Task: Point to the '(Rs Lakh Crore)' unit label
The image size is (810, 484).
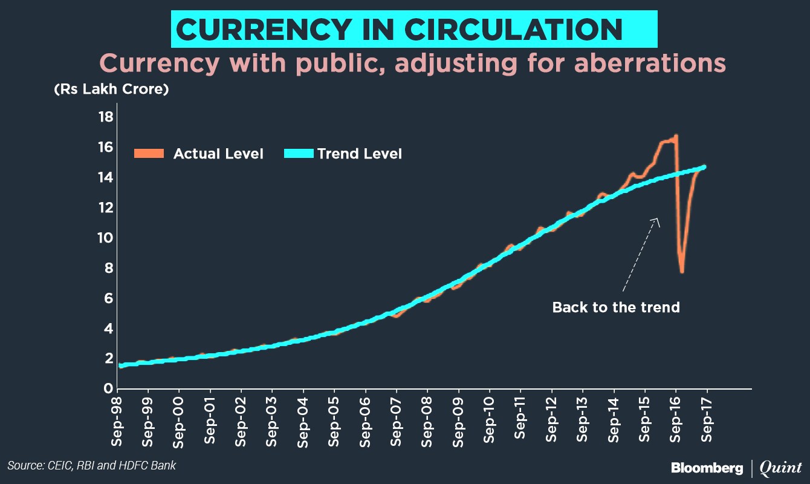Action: [111, 90]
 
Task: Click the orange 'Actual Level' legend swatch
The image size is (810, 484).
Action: [149, 154]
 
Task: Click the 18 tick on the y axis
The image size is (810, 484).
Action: [106, 117]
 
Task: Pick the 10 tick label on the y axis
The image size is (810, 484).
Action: [106, 238]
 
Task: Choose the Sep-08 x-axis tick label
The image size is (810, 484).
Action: [428, 421]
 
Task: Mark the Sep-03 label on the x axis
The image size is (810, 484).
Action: [272, 421]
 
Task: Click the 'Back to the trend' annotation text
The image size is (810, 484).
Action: [616, 307]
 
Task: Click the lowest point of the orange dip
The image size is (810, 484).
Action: [682, 272]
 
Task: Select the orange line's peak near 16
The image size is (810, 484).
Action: [676, 136]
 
